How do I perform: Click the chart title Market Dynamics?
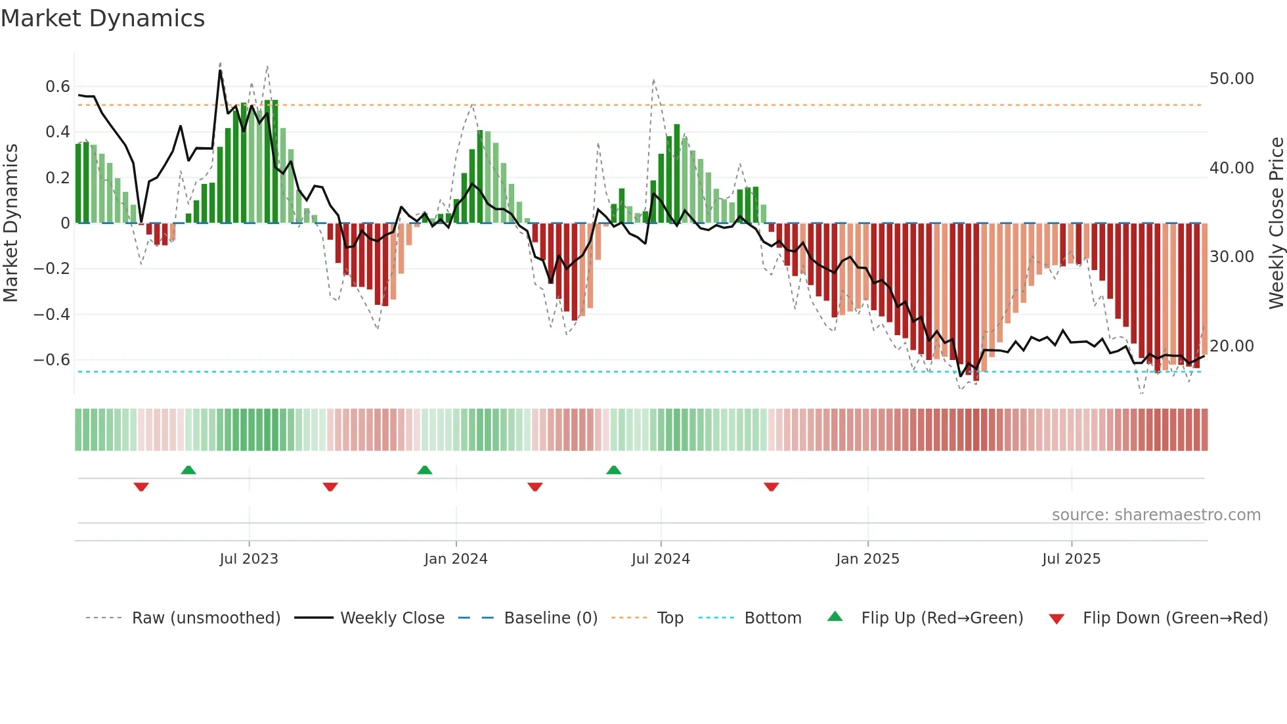(102, 18)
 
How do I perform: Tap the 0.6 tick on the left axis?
(57, 87)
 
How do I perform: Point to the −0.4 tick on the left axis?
(51, 315)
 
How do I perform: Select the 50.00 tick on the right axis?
(1231, 79)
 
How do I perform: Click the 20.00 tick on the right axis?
(1231, 346)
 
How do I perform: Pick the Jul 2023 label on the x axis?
(249, 559)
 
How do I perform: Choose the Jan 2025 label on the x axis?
(867, 559)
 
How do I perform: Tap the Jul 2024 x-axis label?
(661, 559)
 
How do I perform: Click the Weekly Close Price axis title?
(1276, 223)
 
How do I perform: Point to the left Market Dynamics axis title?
(11, 223)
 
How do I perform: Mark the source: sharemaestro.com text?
(1156, 515)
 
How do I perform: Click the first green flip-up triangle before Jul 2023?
(188, 470)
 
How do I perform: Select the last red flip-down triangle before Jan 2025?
(772, 487)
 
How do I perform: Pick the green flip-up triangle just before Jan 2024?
(425, 470)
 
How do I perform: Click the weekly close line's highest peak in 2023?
(220, 70)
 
